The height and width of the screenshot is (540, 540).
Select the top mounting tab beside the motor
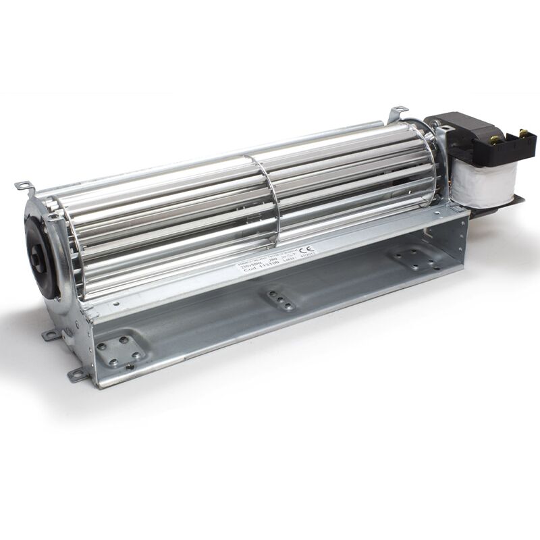coord(398,111)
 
